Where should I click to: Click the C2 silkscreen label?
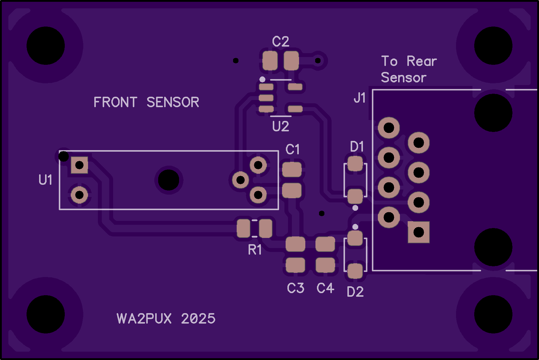281,41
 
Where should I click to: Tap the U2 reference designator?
281,127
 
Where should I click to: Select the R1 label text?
255,250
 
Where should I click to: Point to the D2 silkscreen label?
355,292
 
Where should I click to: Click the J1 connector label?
360,98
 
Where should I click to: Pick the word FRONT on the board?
115,102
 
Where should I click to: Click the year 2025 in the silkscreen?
198,319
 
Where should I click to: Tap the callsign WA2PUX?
144,319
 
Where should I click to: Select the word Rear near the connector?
422,61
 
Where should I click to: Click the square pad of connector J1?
418,232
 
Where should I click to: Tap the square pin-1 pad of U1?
79,165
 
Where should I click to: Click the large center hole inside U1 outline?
169,180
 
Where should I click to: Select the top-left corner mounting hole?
46,46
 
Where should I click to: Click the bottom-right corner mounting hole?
493,314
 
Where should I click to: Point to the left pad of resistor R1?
244,228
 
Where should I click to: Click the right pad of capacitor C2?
291,61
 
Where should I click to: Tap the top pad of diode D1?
355,164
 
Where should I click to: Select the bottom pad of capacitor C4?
325,265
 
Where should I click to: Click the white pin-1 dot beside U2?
262,79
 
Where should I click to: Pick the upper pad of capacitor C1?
292,170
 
